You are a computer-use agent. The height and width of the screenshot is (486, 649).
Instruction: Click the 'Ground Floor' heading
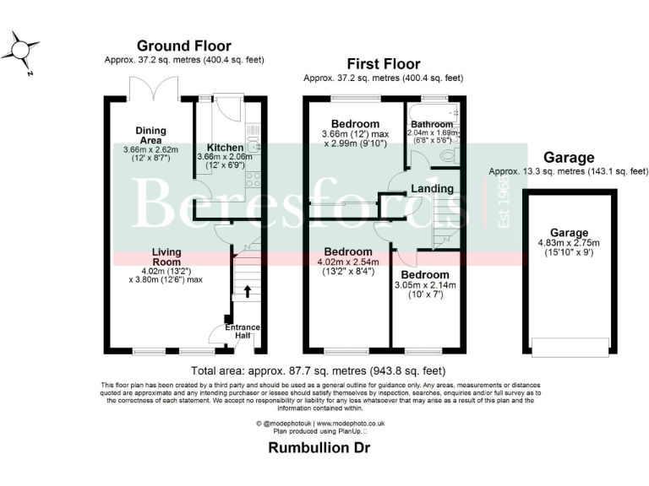[183, 46]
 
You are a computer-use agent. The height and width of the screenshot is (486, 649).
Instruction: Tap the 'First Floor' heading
[383, 64]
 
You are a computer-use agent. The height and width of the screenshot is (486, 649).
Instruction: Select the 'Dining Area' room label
[150, 136]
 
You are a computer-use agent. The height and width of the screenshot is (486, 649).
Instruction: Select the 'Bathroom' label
[431, 124]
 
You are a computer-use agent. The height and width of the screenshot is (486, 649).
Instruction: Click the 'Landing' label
[432, 188]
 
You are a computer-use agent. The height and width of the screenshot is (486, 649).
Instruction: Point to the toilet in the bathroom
[450, 156]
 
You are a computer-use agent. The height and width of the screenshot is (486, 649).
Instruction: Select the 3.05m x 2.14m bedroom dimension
[424, 290]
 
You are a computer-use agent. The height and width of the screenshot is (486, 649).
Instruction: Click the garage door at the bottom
[569, 347]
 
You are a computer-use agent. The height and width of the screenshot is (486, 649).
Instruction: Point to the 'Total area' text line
[319, 370]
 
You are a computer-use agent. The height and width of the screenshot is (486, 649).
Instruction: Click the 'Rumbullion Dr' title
[319, 448]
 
